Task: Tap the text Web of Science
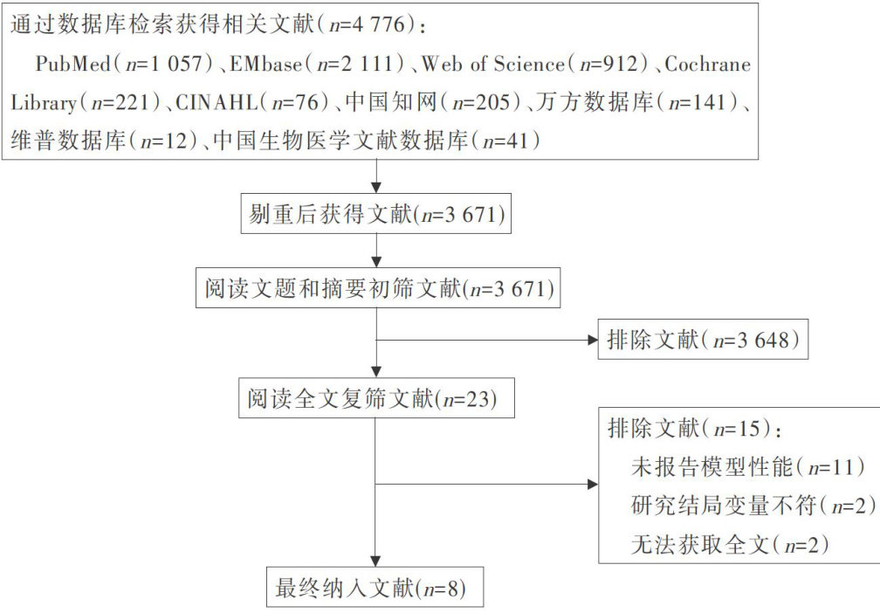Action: pyautogui.click(x=495, y=64)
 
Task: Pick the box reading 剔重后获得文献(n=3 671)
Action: pyautogui.click(x=375, y=214)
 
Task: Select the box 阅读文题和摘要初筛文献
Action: pyautogui.click(x=375, y=287)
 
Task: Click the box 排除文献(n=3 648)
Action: pyautogui.click(x=703, y=341)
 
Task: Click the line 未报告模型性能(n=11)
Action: pyautogui.click(x=747, y=466)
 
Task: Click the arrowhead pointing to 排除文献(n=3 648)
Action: pyautogui.click(x=590, y=340)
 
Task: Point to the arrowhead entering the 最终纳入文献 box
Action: pyautogui.click(x=375, y=562)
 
